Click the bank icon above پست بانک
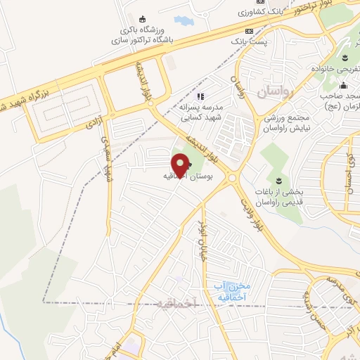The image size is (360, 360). click(249, 32)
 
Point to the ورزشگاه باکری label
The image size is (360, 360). click(146, 30)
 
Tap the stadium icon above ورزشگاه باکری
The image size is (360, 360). click(144, 19)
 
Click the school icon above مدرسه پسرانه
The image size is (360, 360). click(200, 96)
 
